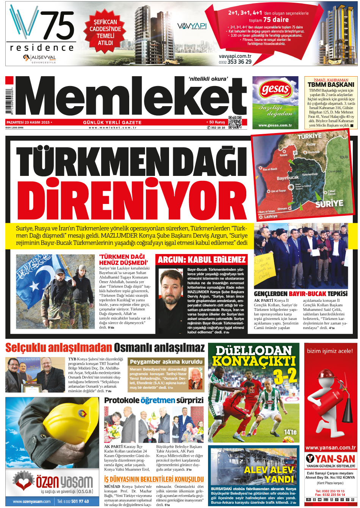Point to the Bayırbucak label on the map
pyautogui.click(x=288, y=178)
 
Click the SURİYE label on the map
pyautogui.click(x=329, y=203)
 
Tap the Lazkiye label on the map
pyautogui.click(x=271, y=216)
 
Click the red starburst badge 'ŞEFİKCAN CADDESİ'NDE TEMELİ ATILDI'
pyautogui.click(x=106, y=33)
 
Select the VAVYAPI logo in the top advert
pyautogui.click(x=192, y=26)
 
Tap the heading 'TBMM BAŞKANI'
pyautogui.click(x=331, y=85)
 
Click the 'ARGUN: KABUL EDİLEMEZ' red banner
pyautogui.click(x=202, y=260)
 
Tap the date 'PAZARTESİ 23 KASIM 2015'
pyautogui.click(x=28, y=122)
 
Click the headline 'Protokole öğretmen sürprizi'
pyautogui.click(x=154, y=400)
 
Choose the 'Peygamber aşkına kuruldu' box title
pyautogui.click(x=166, y=362)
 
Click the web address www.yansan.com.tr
pyautogui.click(x=330, y=448)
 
